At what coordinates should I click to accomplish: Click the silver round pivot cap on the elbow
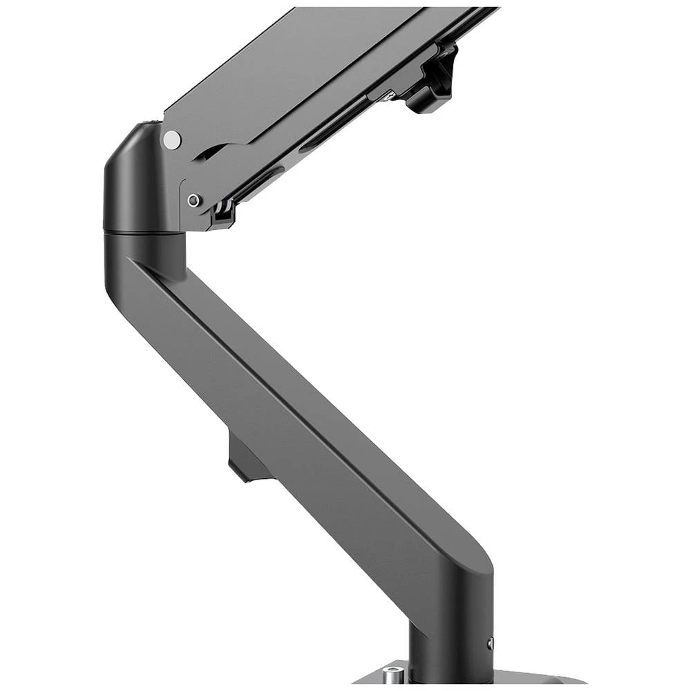[x=172, y=140]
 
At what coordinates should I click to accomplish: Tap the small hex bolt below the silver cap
[x=194, y=200]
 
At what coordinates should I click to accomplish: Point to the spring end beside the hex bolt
[x=222, y=211]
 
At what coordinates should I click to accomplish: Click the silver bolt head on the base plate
[x=393, y=674]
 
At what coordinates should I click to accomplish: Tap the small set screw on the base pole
[x=490, y=643]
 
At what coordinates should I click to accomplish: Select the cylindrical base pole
[x=449, y=650]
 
